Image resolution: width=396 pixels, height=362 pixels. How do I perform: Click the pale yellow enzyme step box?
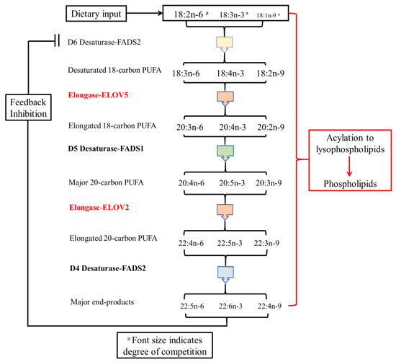[227, 42]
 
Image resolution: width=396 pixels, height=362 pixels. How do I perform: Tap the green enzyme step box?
[227, 151]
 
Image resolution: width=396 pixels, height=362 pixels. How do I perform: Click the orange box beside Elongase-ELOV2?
[227, 210]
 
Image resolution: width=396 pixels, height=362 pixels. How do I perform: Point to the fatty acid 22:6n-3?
[228, 306]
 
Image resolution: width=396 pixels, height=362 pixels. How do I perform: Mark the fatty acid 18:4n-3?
[228, 73]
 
